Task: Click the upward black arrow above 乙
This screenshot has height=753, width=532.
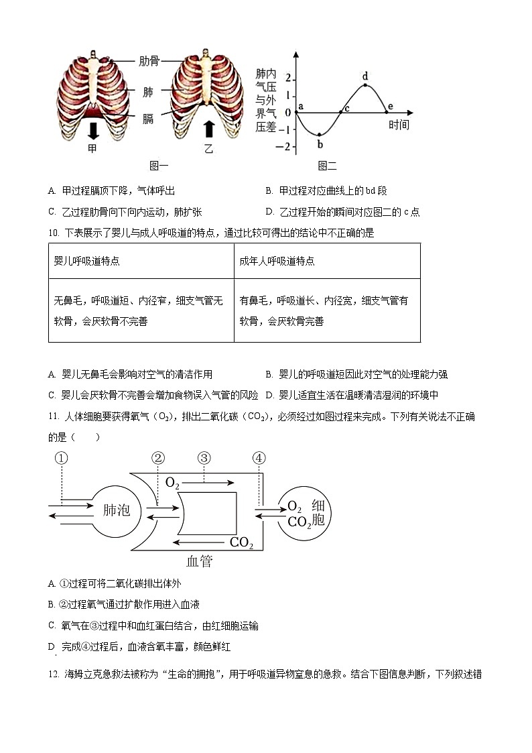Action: pos(208,129)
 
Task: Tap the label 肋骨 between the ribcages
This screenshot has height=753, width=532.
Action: pos(149,61)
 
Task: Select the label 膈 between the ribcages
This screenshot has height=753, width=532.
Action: pos(148,118)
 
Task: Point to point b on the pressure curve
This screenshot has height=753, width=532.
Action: pos(320,135)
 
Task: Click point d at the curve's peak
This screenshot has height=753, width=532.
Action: pos(365,84)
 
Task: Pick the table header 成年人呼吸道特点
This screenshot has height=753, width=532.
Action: pos(277,261)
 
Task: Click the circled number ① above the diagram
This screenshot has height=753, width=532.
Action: pos(61,459)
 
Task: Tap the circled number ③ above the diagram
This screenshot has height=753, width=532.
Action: pos(204,459)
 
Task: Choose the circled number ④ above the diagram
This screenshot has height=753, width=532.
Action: pos(259,459)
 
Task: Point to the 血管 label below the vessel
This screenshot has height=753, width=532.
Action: pos(199,561)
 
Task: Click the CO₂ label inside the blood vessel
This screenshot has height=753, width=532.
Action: pos(241,542)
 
